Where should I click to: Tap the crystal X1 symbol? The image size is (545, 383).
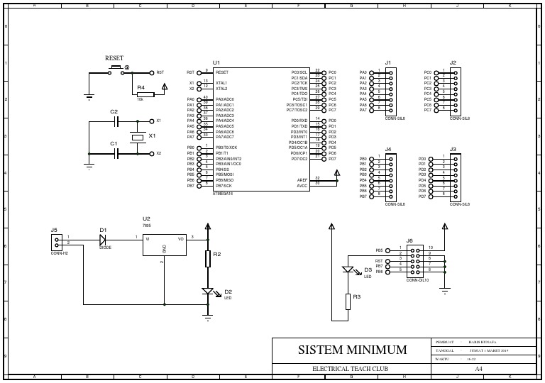coord(137,136)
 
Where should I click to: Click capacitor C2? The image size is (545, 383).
coord(114,121)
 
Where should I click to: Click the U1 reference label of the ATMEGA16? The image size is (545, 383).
coord(216,63)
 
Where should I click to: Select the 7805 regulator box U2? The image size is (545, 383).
coord(165,245)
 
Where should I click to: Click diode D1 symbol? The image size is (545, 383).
coord(104,239)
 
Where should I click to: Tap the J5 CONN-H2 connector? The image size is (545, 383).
coord(56,241)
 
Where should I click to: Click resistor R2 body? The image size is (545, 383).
coord(208,258)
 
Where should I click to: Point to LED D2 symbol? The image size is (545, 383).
coord(208,292)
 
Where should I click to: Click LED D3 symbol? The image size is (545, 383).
coord(348,270)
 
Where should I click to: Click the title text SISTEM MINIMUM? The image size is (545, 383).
coord(352,350)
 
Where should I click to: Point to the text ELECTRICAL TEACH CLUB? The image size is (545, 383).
coord(351,370)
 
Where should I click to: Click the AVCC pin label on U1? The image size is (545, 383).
coord(302,185)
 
